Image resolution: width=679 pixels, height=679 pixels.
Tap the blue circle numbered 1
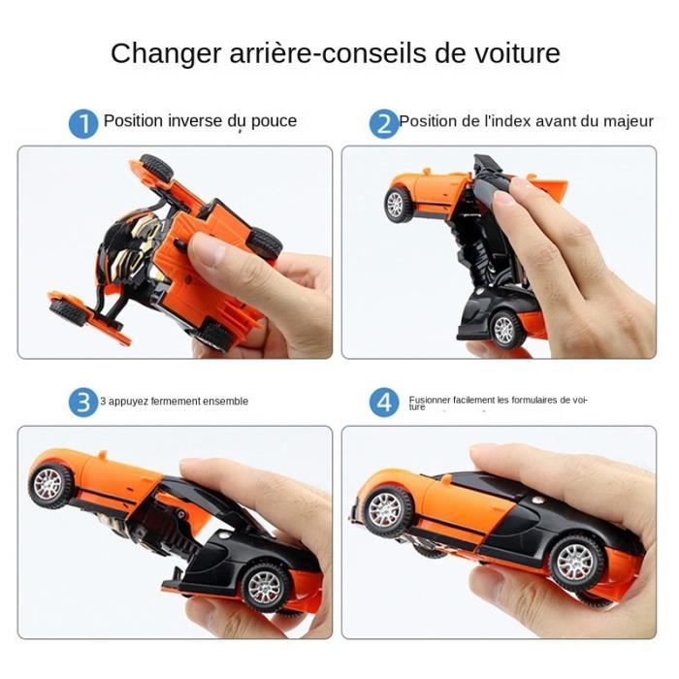(x=83, y=123)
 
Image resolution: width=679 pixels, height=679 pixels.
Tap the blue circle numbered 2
(x=384, y=123)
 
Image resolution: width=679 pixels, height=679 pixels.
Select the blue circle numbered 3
(x=83, y=401)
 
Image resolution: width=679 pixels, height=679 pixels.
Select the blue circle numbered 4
(x=384, y=402)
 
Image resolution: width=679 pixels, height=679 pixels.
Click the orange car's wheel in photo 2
(x=399, y=204)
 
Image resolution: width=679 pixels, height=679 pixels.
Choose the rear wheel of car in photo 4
(x=578, y=562)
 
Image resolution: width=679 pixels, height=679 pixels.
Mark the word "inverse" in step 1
(x=194, y=122)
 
